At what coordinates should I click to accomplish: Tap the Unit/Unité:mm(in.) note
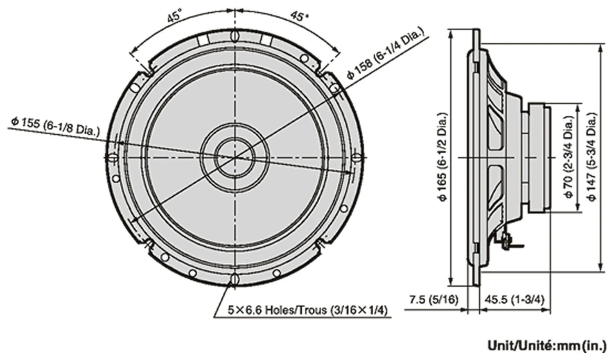click(546, 346)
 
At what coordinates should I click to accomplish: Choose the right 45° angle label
click(299, 16)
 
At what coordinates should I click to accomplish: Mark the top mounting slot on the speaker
click(235, 36)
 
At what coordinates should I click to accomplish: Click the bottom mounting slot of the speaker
click(235, 278)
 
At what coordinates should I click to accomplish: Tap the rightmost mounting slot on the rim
click(357, 157)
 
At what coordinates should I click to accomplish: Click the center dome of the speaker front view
click(235, 157)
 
